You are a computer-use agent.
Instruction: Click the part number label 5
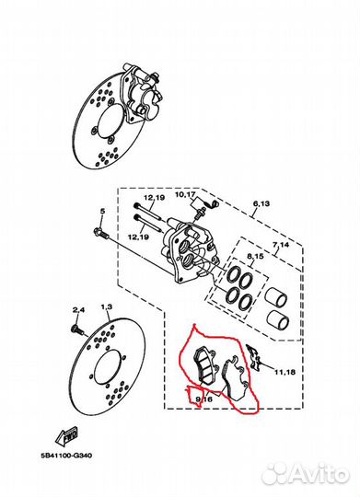tap(102, 211)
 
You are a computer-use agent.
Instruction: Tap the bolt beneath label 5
tap(101, 233)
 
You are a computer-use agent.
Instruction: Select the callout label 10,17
tap(186, 194)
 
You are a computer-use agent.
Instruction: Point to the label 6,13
tap(261, 203)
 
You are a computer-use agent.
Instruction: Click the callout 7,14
tap(281, 245)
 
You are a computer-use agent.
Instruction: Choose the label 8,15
tap(255, 256)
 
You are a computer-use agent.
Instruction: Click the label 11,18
tap(285, 372)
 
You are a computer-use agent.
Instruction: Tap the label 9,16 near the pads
tap(204, 399)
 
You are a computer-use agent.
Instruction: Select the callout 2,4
tap(78, 310)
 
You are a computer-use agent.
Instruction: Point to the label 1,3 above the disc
tap(107, 306)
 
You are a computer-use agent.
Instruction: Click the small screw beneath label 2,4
tap(77, 329)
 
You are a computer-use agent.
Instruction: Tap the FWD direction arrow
tap(66, 435)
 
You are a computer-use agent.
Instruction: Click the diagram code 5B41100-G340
tap(66, 456)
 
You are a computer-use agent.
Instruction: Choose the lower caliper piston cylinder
tap(277, 319)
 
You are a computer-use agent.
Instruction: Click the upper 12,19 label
tap(154, 198)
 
